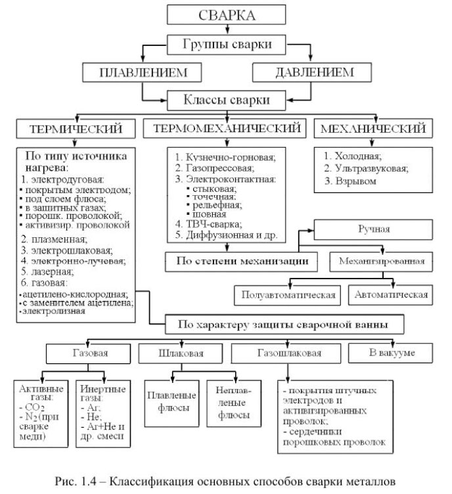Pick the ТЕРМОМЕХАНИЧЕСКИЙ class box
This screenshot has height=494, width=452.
[x=225, y=129]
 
